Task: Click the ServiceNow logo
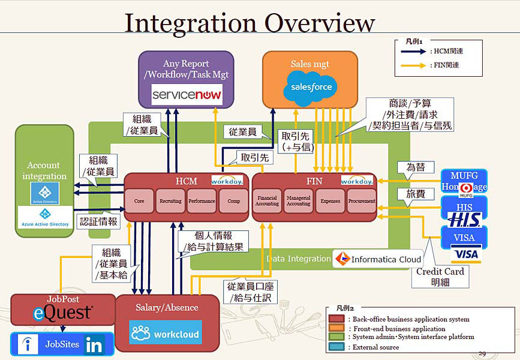tap(187, 94)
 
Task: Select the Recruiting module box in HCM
tap(170, 202)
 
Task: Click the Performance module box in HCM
tap(202, 202)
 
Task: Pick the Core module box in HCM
tap(139, 202)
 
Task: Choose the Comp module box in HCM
tap(233, 202)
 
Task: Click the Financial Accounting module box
tap(267, 202)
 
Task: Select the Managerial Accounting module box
tap(298, 202)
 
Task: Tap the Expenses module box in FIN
tap(330, 202)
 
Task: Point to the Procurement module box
tap(361, 202)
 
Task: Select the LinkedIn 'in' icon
tap(94, 344)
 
